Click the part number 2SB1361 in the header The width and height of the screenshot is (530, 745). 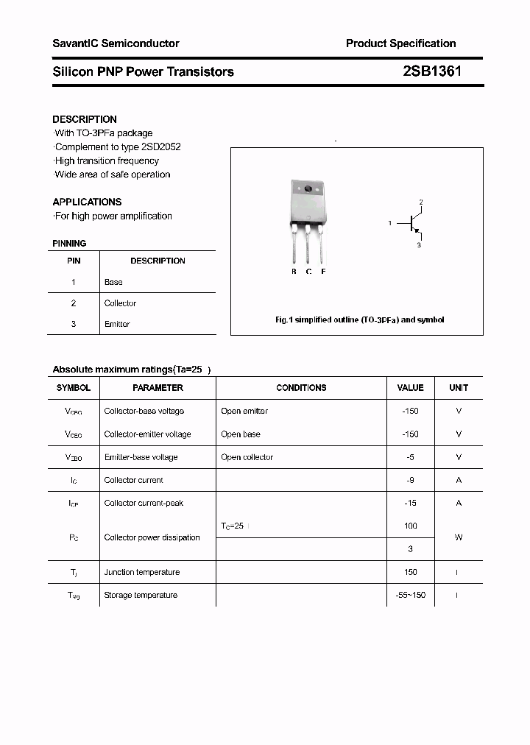click(x=432, y=71)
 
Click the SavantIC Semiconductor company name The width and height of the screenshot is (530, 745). click(x=116, y=43)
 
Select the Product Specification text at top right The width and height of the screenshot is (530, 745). click(x=400, y=43)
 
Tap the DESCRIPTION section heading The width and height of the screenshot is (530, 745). click(x=85, y=119)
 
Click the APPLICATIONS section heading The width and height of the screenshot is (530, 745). click(x=87, y=202)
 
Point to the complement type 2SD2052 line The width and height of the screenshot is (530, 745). click(x=118, y=146)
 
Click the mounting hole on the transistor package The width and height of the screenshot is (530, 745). click(x=308, y=189)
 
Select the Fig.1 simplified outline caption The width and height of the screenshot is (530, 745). click(x=359, y=320)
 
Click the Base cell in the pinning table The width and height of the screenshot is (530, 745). click(x=113, y=282)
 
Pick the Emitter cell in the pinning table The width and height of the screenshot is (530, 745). click(x=117, y=324)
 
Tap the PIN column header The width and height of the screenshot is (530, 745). click(x=74, y=261)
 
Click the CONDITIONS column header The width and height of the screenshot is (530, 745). click(x=301, y=387)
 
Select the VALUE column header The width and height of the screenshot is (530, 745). click(x=410, y=387)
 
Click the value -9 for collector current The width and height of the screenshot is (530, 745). click(x=410, y=480)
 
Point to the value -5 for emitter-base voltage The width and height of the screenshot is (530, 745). click(x=410, y=457)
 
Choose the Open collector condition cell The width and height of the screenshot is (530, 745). click(x=247, y=457)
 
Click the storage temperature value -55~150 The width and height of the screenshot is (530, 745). click(x=410, y=595)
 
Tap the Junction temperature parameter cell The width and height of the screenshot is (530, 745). click(x=141, y=572)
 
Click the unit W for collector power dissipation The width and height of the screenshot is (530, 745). click(x=459, y=537)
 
